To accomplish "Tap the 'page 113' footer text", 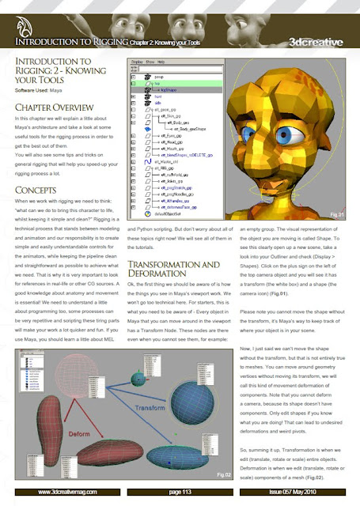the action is tap(180, 492).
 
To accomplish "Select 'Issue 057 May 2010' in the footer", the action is tap(313, 492).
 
